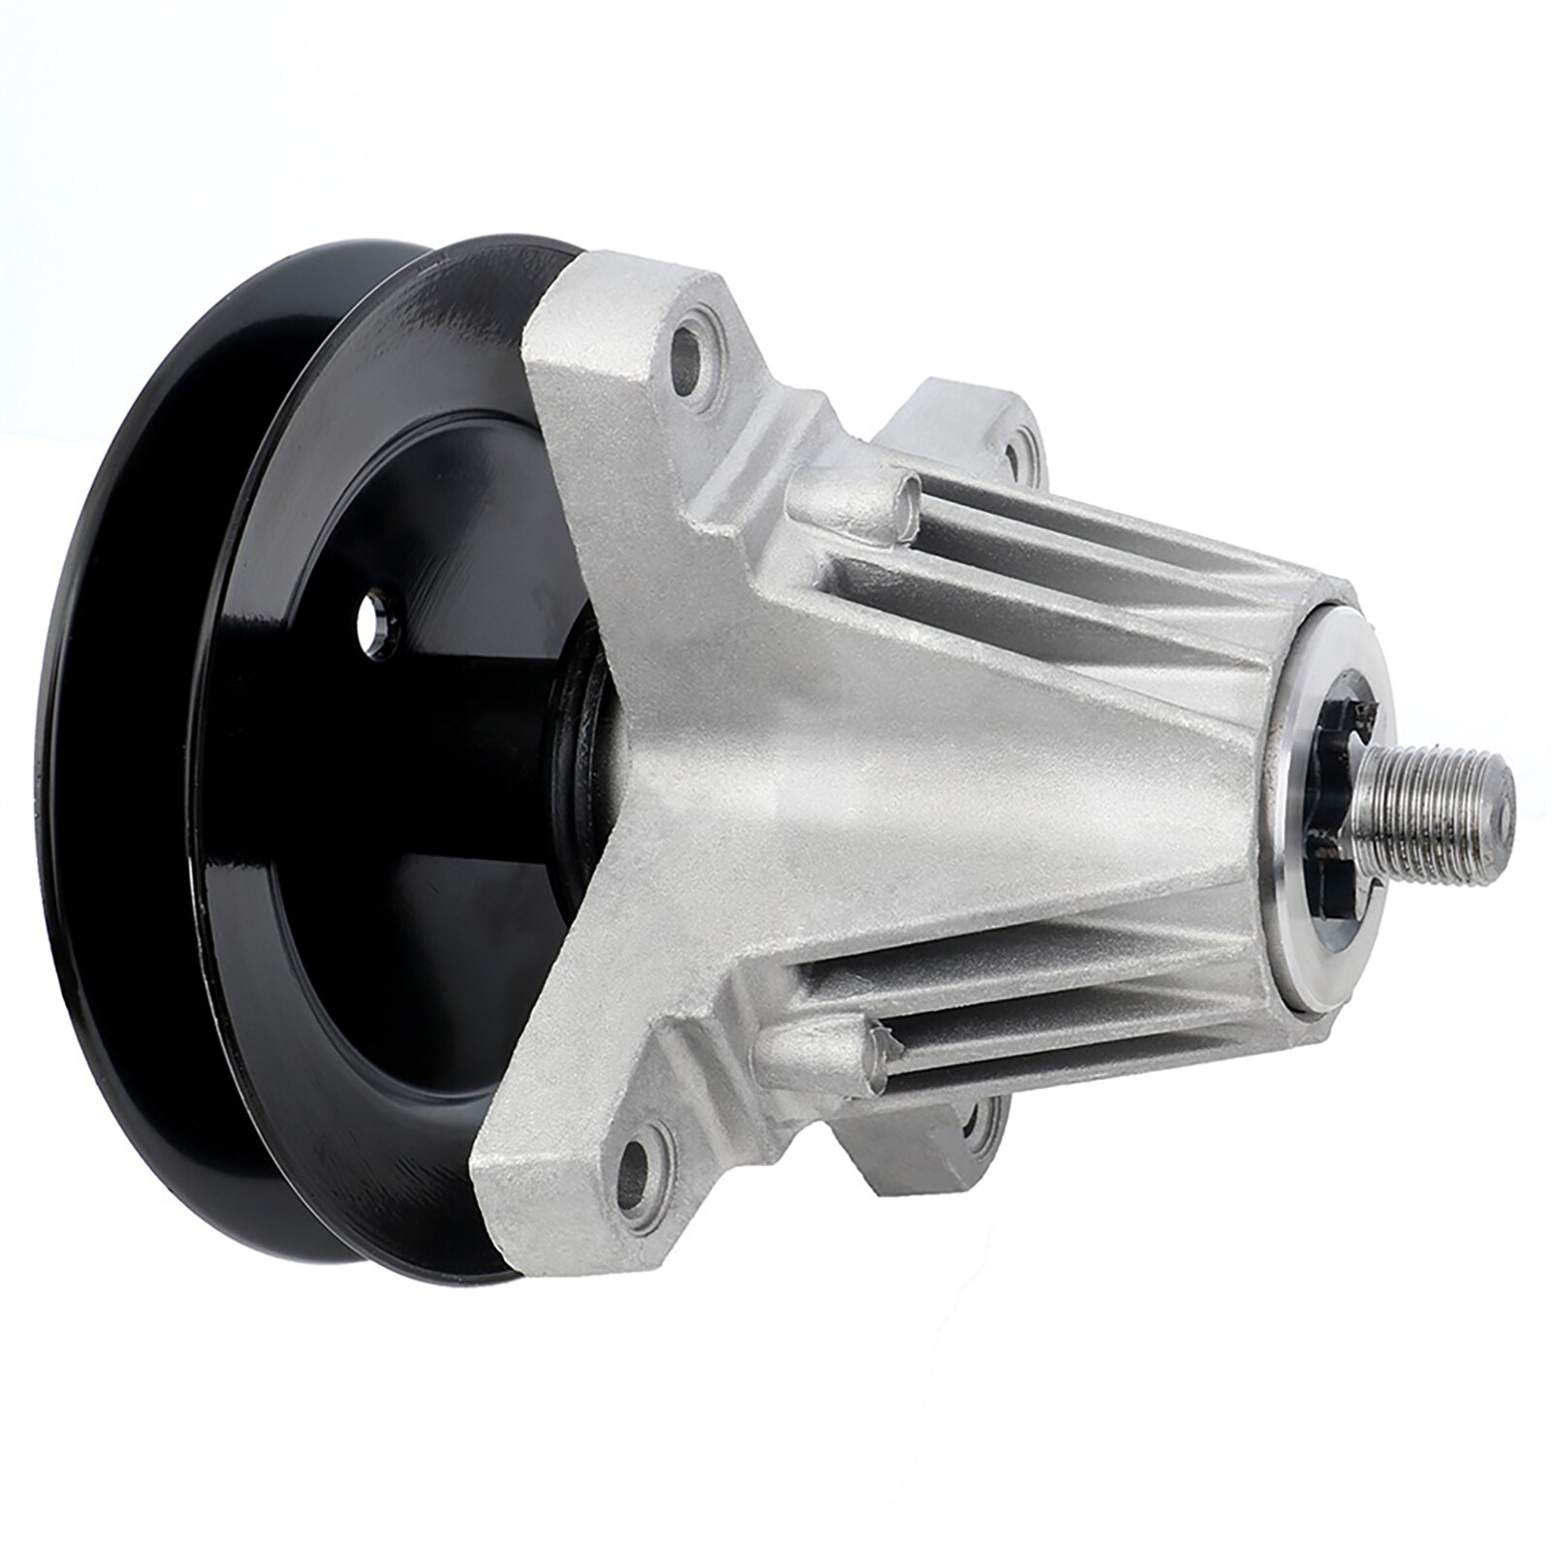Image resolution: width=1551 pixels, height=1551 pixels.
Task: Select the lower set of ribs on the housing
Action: pos(1047,998)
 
